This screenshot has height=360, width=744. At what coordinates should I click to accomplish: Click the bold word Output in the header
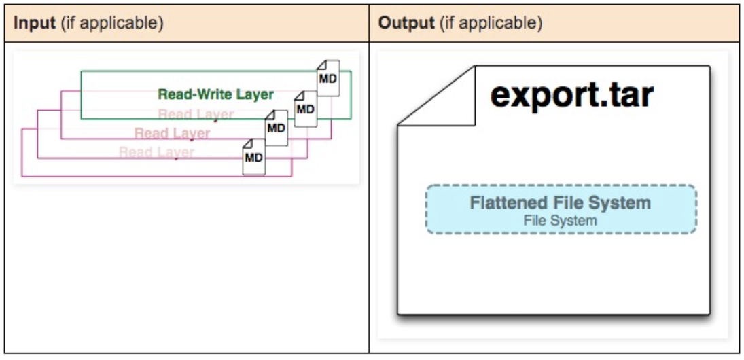pos(406,23)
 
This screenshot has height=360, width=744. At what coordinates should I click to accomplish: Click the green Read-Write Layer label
pos(215,94)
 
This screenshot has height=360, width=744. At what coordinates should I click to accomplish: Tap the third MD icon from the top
pos(276,128)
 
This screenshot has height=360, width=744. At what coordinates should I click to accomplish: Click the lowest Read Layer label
pos(156,152)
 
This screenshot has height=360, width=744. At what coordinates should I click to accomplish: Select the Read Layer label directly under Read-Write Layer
pos(196,114)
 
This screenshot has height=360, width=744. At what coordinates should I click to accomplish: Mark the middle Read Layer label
pos(172,133)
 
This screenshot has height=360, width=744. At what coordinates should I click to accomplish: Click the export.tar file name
pos(571,95)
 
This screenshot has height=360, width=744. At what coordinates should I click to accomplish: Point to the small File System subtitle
pos(560,220)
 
